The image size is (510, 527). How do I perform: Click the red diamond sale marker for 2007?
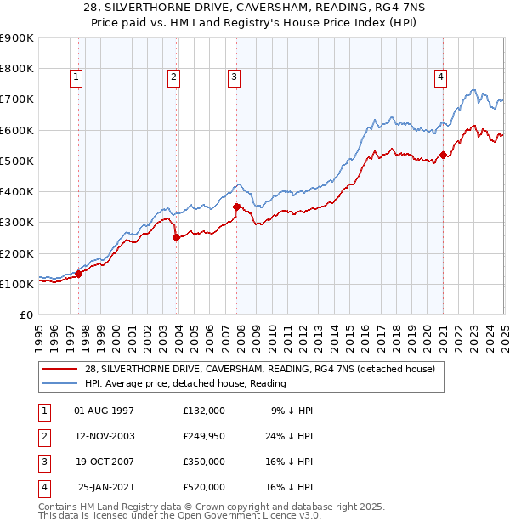(235, 207)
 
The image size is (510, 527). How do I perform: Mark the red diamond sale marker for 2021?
(443, 155)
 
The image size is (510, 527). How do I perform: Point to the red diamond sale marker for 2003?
(176, 238)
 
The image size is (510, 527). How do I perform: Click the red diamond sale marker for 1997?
(78, 274)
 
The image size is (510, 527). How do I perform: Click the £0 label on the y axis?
(26, 315)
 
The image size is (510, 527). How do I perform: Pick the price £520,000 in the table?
(204, 488)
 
